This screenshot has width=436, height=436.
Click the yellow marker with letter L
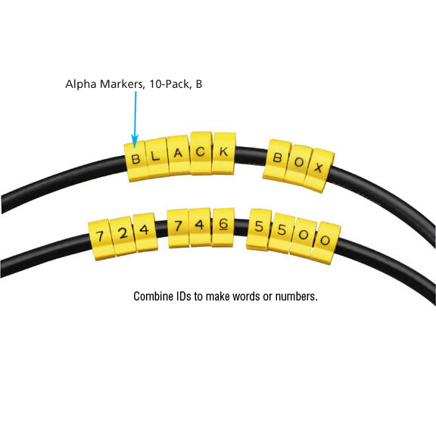157,157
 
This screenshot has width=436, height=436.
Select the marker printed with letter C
201,153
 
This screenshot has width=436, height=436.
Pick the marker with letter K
224,153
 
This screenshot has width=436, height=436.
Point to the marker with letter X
319,170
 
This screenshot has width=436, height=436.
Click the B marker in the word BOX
277,160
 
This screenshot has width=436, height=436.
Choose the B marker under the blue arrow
135,161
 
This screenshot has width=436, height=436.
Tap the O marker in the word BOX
298,164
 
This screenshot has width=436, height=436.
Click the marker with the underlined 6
223,227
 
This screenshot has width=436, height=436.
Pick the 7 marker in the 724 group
101,240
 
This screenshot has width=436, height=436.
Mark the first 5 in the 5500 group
259,229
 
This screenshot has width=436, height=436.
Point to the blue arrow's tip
135,148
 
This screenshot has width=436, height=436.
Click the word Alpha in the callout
81,84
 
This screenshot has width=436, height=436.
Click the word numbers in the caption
297,297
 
